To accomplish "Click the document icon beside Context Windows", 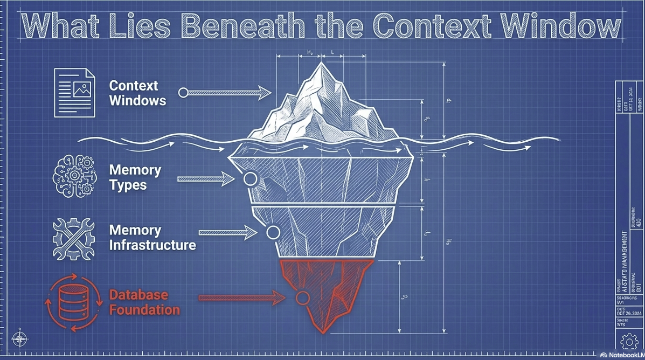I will [x=74, y=92].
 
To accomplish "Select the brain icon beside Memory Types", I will [x=74, y=177].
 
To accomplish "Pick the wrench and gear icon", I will [x=74, y=238].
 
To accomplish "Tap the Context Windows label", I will [x=137, y=93].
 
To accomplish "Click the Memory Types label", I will [x=135, y=177].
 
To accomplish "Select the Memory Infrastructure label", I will [x=152, y=238].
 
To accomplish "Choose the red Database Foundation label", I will [x=144, y=302].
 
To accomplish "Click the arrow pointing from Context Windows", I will [x=226, y=93].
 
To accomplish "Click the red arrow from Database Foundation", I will [x=242, y=297].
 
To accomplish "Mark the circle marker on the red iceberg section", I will [x=303, y=297].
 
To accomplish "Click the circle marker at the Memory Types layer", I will [x=249, y=179].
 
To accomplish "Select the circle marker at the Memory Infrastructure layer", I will [x=273, y=233].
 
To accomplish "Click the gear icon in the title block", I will [x=628, y=341].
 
